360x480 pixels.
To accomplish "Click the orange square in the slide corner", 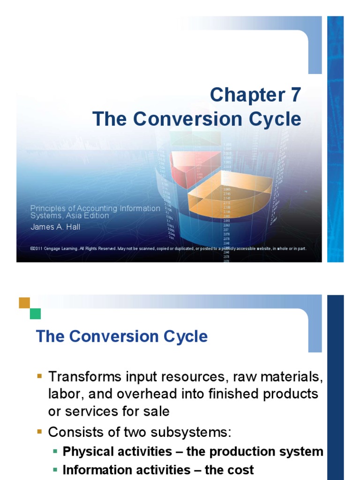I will pos(24,303).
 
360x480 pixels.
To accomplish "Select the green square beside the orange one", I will pos(35,314).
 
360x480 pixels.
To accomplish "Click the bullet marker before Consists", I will pos(39,431).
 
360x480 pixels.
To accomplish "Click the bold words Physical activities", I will pos(117,451).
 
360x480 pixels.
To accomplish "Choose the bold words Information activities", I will pos(124,470).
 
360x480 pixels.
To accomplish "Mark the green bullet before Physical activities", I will pos(55,451).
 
